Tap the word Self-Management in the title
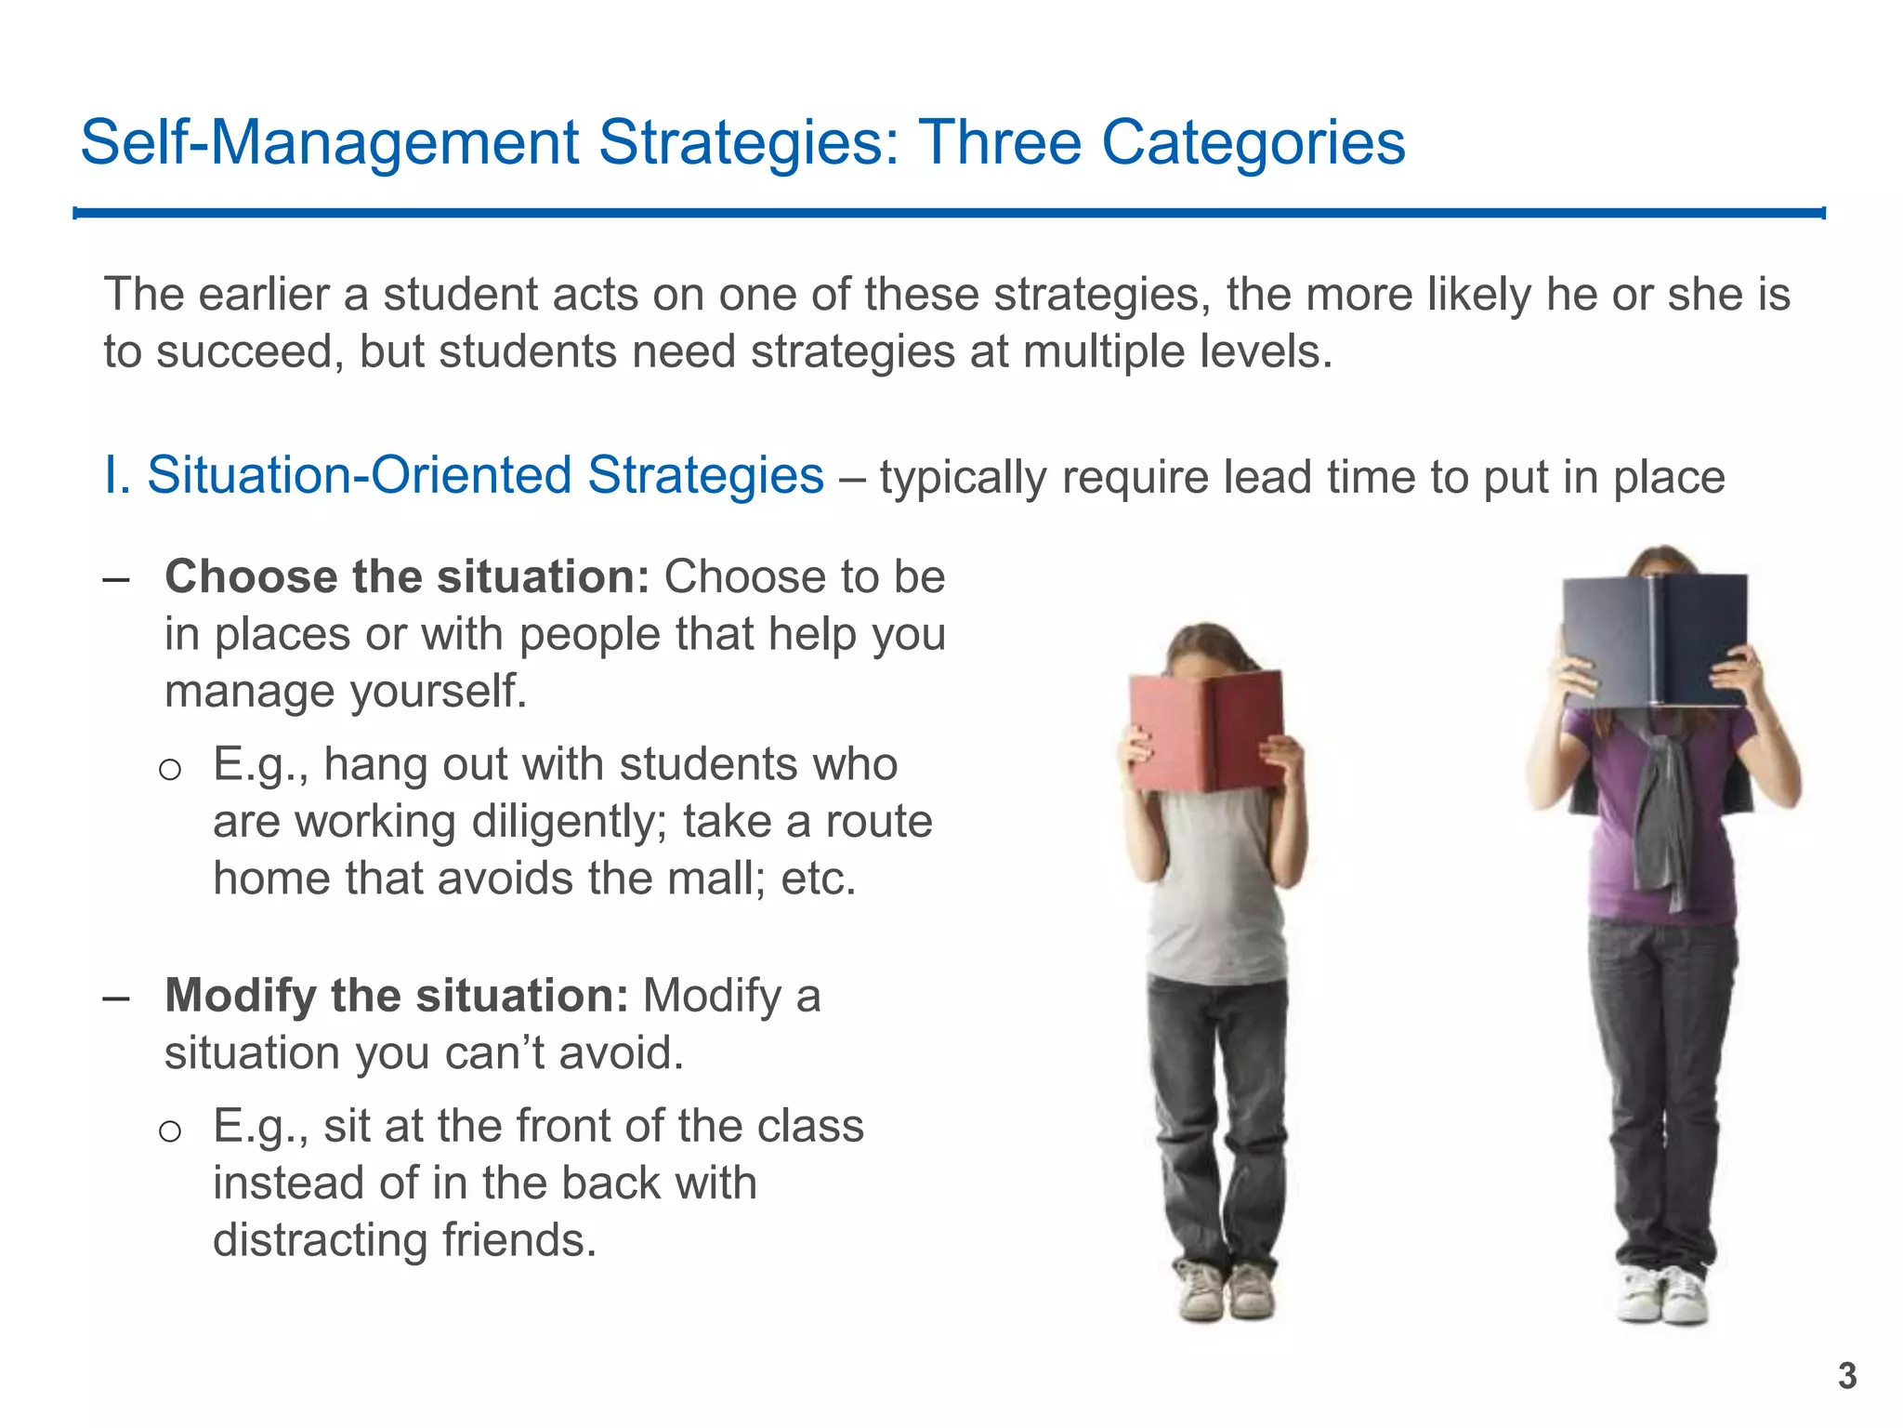coord(330,143)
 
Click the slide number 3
coord(1847,1376)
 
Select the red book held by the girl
coord(1205,731)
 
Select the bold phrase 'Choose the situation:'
coord(407,577)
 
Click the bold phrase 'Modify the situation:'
coord(397,996)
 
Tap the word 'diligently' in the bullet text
coord(569,822)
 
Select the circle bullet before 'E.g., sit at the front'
coord(169,1130)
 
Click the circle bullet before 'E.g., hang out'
coord(169,769)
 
